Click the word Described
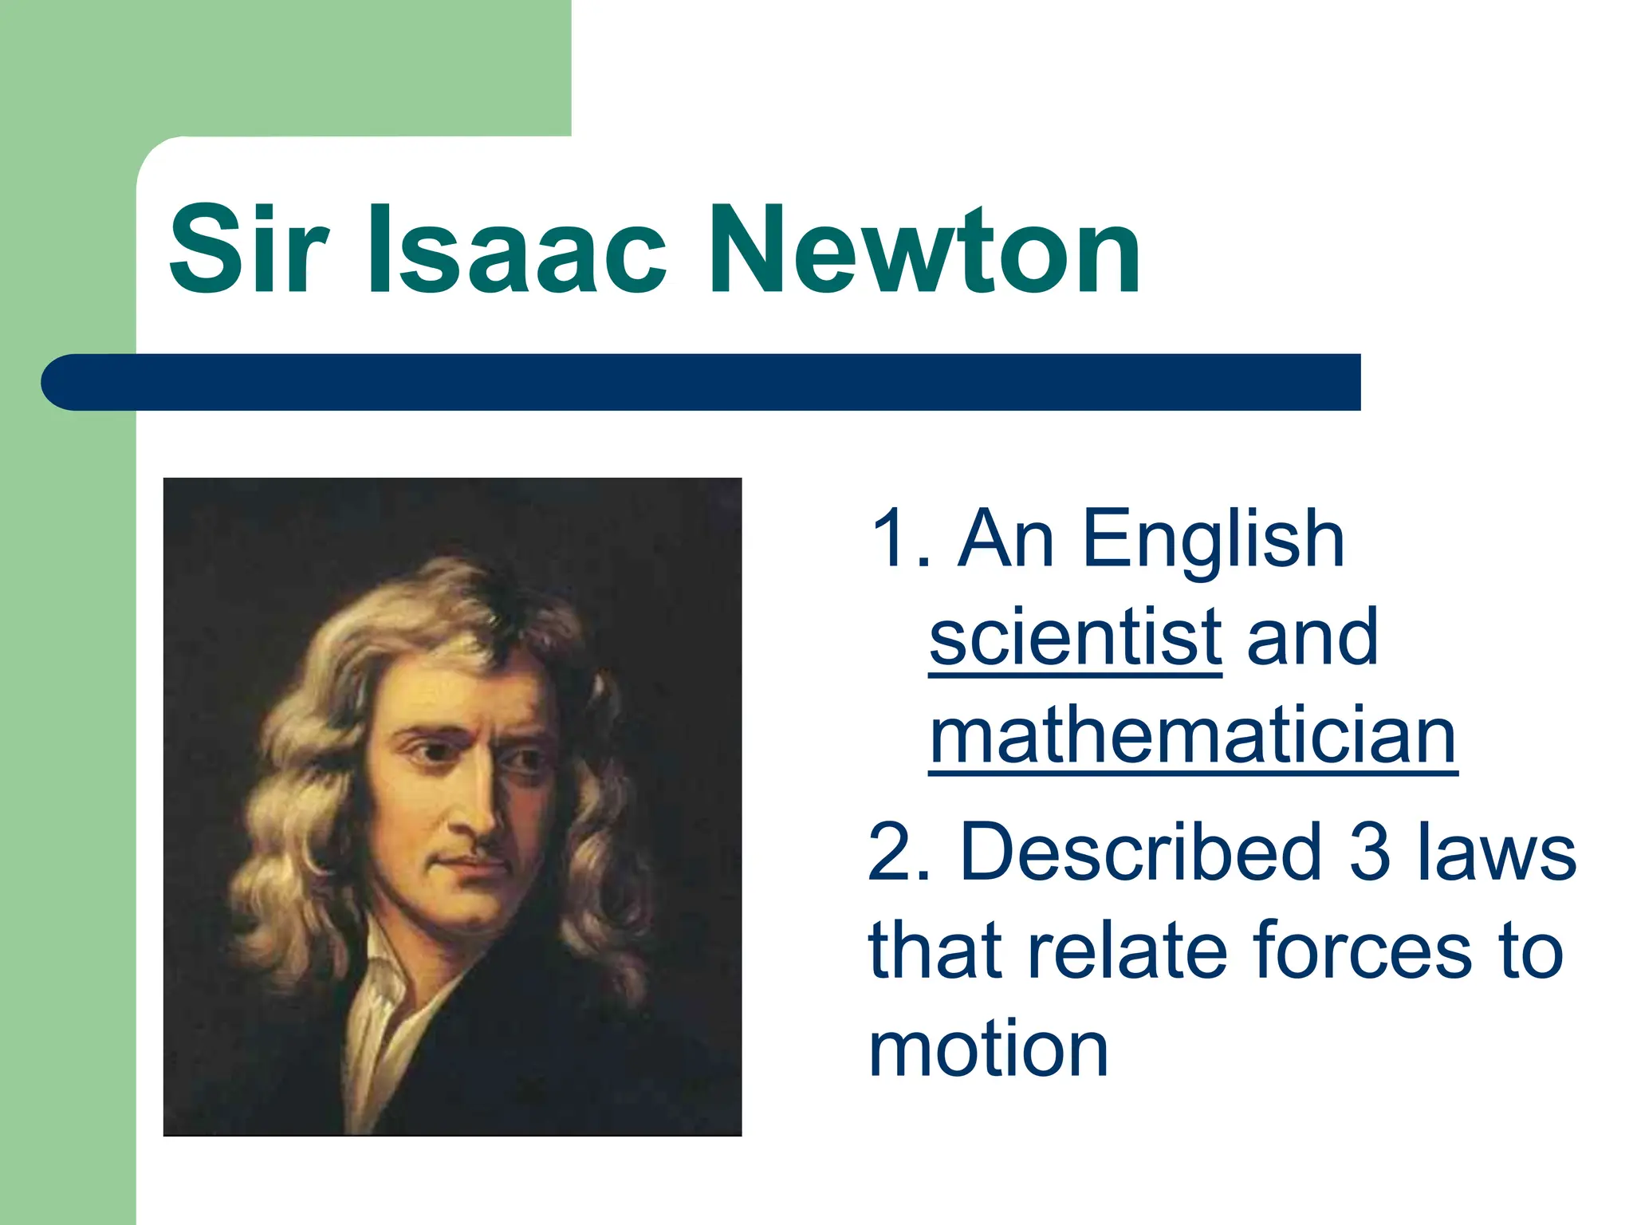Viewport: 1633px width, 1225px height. [1141, 852]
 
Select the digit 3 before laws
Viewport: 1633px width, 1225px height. [1370, 852]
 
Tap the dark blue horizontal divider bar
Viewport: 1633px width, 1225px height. [702, 382]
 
